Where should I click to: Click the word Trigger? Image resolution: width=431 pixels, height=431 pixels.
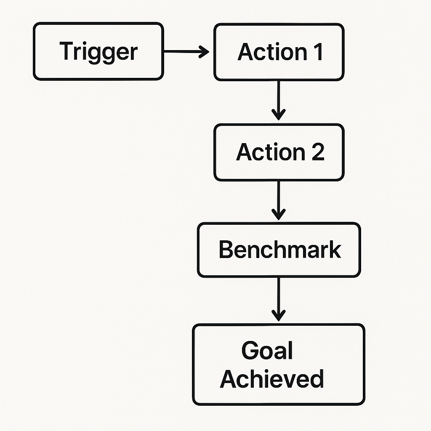pyautogui.click(x=98, y=52)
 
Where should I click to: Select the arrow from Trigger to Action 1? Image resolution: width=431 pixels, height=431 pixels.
pyautogui.click(x=185, y=52)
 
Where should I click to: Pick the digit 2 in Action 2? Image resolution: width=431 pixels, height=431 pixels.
pyautogui.click(x=317, y=152)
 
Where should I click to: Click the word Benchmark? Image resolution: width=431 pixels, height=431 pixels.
pyautogui.click(x=279, y=250)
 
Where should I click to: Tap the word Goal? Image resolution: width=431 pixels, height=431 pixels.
pyautogui.click(x=267, y=351)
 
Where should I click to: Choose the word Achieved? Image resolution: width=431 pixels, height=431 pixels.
pyautogui.click(x=272, y=378)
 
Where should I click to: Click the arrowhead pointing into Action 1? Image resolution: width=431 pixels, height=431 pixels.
pyautogui.click(x=204, y=52)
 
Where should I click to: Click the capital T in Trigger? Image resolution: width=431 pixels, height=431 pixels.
pyautogui.click(x=66, y=51)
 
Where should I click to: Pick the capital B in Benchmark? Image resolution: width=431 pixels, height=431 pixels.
pyautogui.click(x=226, y=250)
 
